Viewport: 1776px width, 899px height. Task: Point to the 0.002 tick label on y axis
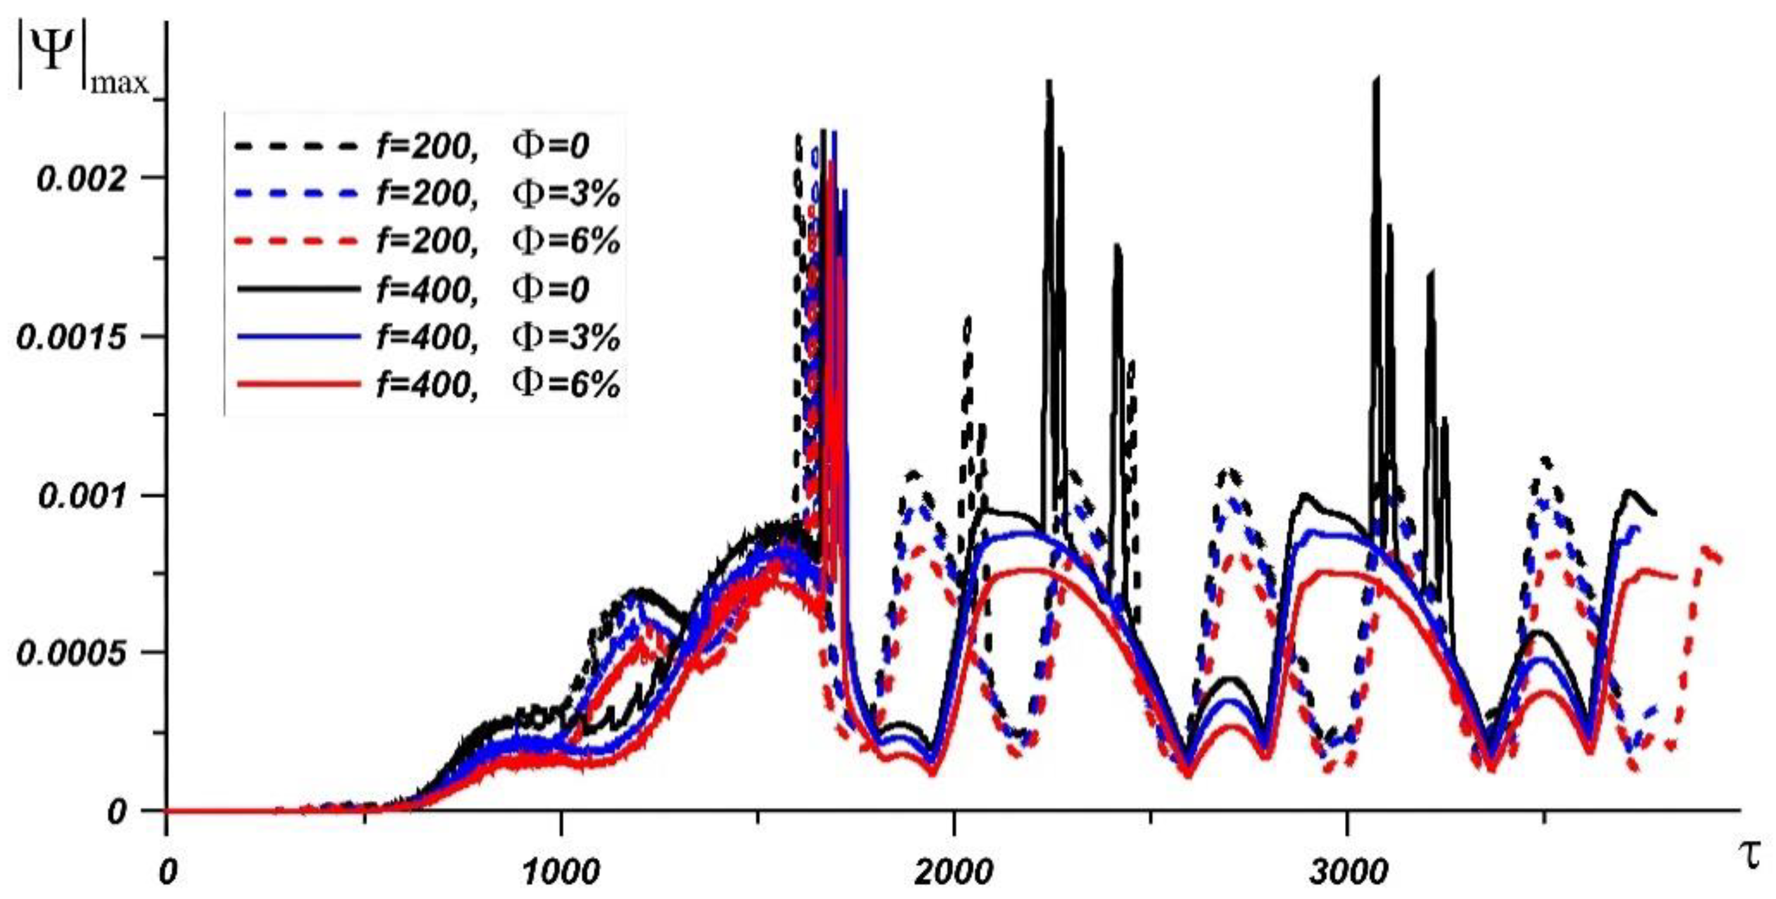pyautogui.click(x=83, y=180)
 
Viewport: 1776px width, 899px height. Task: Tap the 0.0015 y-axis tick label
pyautogui.click(x=73, y=338)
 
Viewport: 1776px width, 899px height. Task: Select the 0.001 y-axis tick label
pyautogui.click(x=83, y=497)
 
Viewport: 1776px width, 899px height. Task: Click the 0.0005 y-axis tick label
pyautogui.click(x=73, y=654)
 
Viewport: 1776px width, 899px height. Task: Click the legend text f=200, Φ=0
pyautogui.click(x=483, y=146)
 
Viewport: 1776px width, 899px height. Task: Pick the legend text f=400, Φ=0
pyautogui.click(x=483, y=289)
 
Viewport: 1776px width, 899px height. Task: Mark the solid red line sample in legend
pyautogui.click(x=298, y=383)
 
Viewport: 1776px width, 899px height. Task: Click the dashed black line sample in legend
pyautogui.click(x=298, y=146)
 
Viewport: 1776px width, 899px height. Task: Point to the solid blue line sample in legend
pyautogui.click(x=298, y=337)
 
